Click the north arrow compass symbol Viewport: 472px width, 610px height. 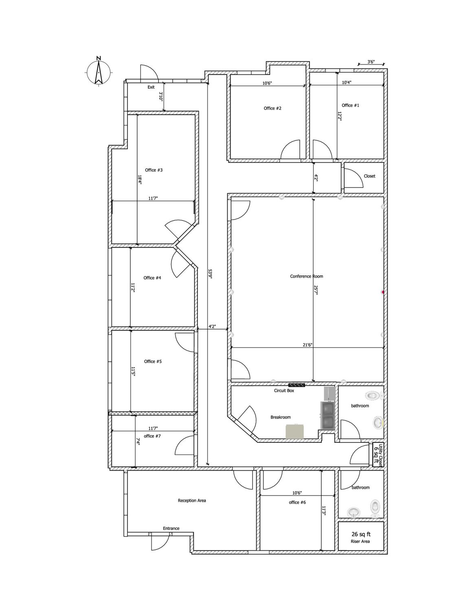pos(99,72)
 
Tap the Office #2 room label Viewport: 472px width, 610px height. pos(272,108)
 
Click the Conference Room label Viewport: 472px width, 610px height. pos(306,276)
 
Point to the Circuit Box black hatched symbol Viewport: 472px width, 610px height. pos(297,385)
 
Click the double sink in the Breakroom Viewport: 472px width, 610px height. pos(327,415)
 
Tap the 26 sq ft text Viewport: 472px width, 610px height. pos(361,534)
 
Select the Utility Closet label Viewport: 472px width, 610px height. pos(381,451)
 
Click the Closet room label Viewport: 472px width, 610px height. pos(369,176)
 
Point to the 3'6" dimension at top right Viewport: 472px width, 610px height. pos(371,62)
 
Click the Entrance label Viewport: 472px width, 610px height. pos(171,528)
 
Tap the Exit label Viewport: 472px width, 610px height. pos(151,87)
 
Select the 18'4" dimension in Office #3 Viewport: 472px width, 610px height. pos(140,180)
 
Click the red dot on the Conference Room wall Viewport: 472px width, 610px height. pos(383,292)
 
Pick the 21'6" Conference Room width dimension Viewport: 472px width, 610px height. pos(307,345)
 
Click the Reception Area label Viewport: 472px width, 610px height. pos(192,500)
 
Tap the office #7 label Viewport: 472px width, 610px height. pos(152,436)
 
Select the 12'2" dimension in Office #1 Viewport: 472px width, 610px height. pos(340,116)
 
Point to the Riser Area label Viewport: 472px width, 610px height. pos(360,541)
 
